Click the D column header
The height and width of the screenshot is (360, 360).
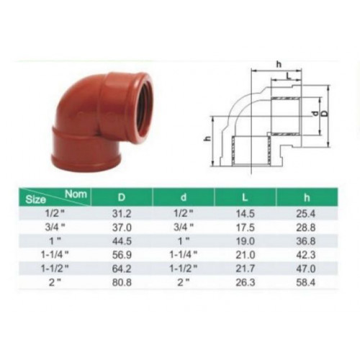click(122, 197)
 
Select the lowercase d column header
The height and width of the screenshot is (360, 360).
click(184, 197)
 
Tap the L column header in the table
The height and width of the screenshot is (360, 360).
click(245, 197)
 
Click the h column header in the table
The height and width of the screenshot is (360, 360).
click(307, 197)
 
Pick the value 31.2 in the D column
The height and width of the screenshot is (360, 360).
click(122, 213)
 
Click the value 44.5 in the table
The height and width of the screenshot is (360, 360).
click(122, 241)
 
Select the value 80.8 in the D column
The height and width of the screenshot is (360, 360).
click(122, 282)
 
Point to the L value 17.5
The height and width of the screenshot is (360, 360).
click(245, 228)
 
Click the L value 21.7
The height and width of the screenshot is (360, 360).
click(245, 269)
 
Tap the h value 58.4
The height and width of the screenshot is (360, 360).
click(305, 282)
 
